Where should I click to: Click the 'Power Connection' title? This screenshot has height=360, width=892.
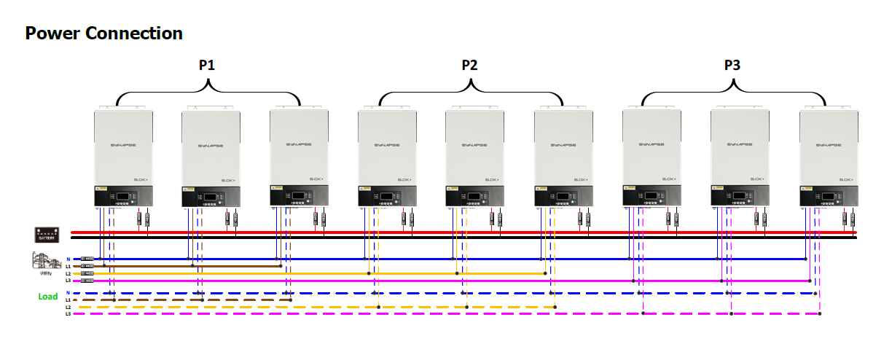(x=103, y=34)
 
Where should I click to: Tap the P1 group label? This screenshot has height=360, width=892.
(x=207, y=66)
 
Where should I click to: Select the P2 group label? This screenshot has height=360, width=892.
(x=470, y=66)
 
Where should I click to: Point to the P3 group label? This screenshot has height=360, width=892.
(x=732, y=66)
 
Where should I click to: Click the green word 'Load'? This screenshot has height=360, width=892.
(x=48, y=297)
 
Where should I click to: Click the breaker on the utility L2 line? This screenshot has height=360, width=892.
(x=87, y=274)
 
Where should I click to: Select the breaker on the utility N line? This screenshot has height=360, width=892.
(x=87, y=259)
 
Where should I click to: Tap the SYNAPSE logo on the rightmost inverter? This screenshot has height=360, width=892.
(x=828, y=145)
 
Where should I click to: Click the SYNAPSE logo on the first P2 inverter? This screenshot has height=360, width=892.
(x=387, y=145)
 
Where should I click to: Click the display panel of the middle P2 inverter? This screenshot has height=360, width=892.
(x=474, y=196)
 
